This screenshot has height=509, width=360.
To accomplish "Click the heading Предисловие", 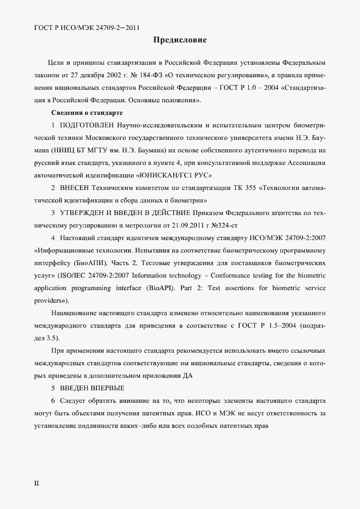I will click(180, 40).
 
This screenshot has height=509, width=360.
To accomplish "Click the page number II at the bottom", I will click(36, 482).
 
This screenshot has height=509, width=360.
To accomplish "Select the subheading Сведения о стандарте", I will click(87, 113).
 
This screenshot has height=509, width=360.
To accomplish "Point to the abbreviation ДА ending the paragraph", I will click(188, 376).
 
